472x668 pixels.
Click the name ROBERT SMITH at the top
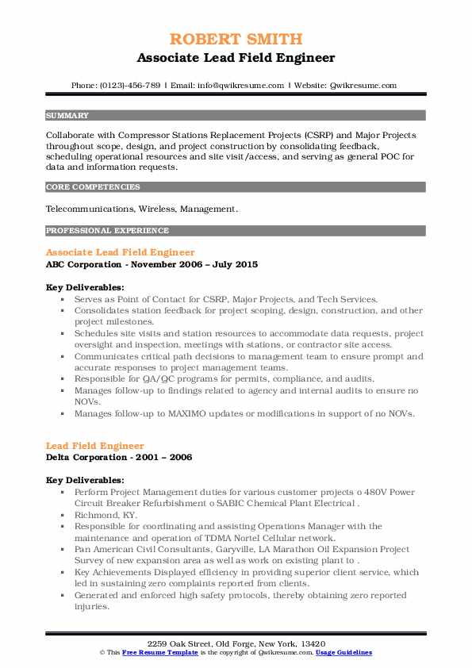point(236,39)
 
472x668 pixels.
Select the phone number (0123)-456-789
point(132,85)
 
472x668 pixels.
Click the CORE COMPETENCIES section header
point(93,187)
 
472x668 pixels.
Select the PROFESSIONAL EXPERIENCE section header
point(107,231)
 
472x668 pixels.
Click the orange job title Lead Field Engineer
point(95,447)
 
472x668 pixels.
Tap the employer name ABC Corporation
point(85,264)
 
